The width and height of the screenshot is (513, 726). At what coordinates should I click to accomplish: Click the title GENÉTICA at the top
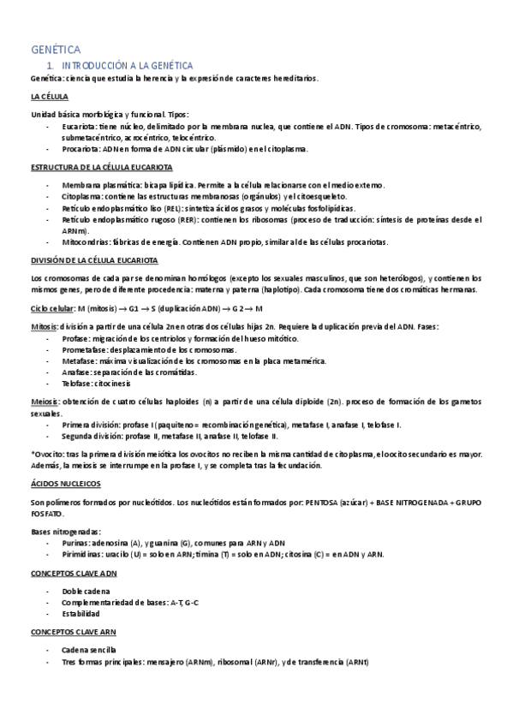(56, 51)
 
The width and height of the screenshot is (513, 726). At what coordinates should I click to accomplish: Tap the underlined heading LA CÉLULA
(50, 96)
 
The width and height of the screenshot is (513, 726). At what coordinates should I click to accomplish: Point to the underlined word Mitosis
(44, 327)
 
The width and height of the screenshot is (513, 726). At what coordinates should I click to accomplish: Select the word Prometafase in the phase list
(86, 349)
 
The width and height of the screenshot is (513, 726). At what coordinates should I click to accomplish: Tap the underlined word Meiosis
(44, 402)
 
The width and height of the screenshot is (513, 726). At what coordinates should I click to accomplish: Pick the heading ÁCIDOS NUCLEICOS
(65, 484)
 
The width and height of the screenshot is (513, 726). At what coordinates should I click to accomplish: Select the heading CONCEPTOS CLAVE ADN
(74, 572)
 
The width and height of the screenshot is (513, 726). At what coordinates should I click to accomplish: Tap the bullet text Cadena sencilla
(89, 651)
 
